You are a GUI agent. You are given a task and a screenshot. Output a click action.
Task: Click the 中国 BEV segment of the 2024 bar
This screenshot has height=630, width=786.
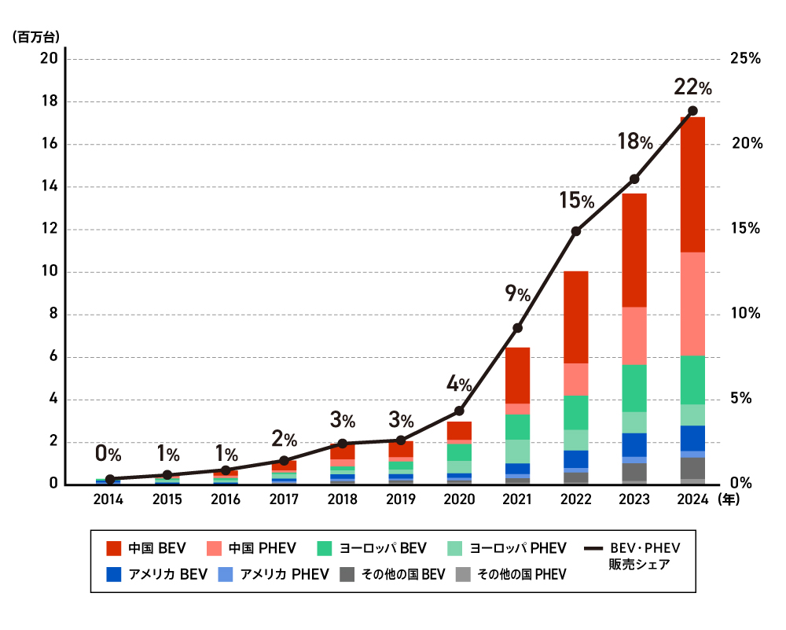click(x=692, y=185)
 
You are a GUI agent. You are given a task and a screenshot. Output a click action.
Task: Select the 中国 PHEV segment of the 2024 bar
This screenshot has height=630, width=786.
click(x=692, y=304)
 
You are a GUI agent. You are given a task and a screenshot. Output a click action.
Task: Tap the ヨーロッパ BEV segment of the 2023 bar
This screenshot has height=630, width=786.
click(x=634, y=389)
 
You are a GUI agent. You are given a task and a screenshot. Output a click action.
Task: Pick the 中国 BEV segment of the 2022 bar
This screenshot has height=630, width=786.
click(x=576, y=318)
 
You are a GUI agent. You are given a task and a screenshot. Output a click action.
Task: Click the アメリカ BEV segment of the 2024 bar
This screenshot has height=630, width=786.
click(x=692, y=438)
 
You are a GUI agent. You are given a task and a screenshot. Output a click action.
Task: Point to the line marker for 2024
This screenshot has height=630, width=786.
click(x=692, y=111)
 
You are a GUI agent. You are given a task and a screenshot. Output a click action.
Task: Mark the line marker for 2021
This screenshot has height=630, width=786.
click(x=518, y=328)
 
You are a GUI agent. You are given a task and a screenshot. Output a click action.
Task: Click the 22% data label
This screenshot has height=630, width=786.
click(x=692, y=87)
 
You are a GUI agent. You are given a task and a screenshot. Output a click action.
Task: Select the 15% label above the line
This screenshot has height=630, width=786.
click(x=576, y=201)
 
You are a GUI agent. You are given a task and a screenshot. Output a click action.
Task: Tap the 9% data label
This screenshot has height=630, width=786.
click(x=518, y=293)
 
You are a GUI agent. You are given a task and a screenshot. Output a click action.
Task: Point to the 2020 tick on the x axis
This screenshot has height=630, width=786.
click(x=459, y=499)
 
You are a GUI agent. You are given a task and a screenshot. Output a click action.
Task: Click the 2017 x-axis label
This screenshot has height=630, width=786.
click(x=285, y=499)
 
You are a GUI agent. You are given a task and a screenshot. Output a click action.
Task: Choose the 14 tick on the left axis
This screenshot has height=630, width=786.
click(x=49, y=186)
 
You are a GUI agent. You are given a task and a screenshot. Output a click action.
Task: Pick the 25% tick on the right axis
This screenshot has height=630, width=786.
click(x=745, y=59)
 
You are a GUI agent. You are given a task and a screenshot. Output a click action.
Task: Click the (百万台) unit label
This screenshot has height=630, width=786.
click(x=36, y=37)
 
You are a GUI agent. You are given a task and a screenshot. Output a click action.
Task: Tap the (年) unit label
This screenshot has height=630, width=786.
click(x=729, y=499)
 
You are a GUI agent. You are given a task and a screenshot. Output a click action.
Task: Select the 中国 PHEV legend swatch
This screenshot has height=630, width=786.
click(x=214, y=548)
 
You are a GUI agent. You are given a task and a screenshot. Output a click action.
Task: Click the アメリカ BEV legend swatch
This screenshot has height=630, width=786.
click(x=114, y=574)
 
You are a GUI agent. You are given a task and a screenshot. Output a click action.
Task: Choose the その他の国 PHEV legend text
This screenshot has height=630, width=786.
click(x=521, y=574)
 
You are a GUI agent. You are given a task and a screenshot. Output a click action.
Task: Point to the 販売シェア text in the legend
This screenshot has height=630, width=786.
click(x=639, y=565)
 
